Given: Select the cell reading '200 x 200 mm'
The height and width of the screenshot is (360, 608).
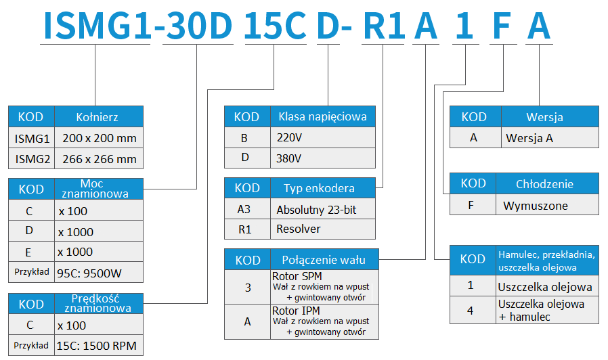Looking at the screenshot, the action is (x=99, y=138).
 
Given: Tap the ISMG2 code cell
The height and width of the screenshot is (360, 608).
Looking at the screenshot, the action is (x=32, y=159).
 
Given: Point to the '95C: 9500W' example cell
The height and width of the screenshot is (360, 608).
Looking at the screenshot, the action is (x=99, y=273).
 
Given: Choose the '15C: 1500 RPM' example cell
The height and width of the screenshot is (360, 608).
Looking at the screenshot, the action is (x=99, y=346).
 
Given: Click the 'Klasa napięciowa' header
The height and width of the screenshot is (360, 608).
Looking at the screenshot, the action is (x=322, y=116).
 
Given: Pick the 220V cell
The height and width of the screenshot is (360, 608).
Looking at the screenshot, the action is (x=322, y=137).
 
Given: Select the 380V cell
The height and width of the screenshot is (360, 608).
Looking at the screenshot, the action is (x=322, y=158).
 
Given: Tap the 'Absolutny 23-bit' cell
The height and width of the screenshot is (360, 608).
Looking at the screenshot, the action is (x=322, y=209).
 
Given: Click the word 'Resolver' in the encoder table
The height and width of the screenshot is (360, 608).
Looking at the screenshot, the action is (x=298, y=229).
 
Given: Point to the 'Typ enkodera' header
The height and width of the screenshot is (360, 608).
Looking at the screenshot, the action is (x=322, y=188).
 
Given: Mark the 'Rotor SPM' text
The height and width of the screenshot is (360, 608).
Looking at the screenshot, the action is (x=297, y=276).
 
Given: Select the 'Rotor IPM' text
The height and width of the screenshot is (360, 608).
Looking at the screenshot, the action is (x=296, y=311).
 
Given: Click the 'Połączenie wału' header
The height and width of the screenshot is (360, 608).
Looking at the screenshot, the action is (x=324, y=260).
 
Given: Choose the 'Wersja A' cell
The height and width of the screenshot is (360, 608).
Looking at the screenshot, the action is (x=550, y=138).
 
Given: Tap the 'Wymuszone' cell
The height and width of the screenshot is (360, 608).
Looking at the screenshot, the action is (x=547, y=205).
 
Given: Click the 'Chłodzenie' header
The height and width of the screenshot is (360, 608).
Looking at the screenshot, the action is (x=547, y=183).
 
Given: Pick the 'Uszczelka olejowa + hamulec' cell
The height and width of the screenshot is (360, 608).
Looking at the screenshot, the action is (x=547, y=310).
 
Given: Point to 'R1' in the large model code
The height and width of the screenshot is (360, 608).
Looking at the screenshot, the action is (x=384, y=26).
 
